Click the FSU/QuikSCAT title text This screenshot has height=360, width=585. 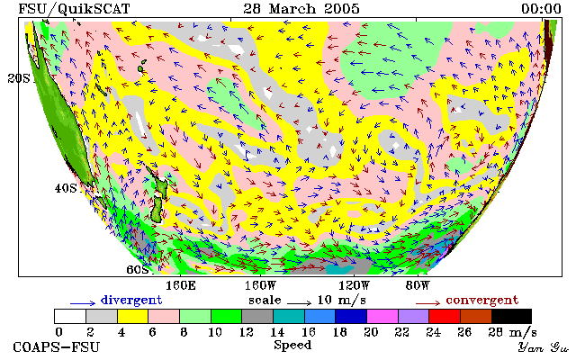tap(74, 9)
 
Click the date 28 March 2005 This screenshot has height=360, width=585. tap(301, 8)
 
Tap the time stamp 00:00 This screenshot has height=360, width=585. tap(541, 8)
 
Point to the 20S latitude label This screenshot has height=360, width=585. tap(19, 78)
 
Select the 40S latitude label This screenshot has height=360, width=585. tap(66, 188)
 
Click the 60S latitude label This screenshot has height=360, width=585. tap(138, 269)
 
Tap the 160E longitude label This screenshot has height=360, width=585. tap(181, 286)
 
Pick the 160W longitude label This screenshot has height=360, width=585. tap(260, 286)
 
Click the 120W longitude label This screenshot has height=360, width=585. tap(354, 286)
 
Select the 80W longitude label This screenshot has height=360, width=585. tap(418, 286)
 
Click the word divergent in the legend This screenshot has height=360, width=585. tap(131, 300)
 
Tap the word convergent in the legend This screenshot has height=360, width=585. tap(482, 300)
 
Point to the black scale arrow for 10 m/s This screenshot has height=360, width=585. tap(299, 303)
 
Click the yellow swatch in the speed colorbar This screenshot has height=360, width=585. tap(133, 317)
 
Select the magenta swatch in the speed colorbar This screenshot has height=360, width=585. tap(382, 317)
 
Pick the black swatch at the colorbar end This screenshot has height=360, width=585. tap(511, 317)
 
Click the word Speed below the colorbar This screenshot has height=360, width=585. tap(292, 345)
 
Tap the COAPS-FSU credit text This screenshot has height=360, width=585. tap(57, 346)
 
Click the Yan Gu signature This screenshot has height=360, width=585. tap(544, 347)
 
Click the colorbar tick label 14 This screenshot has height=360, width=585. tap(277, 332)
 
